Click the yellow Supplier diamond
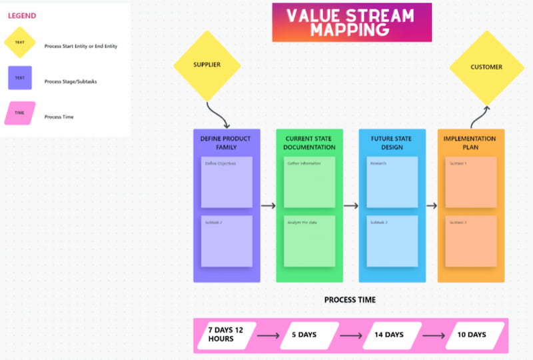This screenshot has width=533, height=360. [207, 65]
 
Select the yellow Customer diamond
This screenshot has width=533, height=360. [486, 67]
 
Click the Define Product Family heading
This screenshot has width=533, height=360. [226, 143]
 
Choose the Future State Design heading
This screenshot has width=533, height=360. [392, 143]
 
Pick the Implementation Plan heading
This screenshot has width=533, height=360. [470, 143]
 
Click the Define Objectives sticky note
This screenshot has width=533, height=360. [227, 182]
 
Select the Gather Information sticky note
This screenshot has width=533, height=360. [309, 182]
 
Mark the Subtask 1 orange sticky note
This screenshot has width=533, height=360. [471, 182]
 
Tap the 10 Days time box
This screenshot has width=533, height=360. [476, 335]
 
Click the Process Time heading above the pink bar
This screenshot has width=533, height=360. [350, 300]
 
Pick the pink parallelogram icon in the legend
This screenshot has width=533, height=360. [20, 113]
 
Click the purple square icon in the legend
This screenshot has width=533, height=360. [20, 78]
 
